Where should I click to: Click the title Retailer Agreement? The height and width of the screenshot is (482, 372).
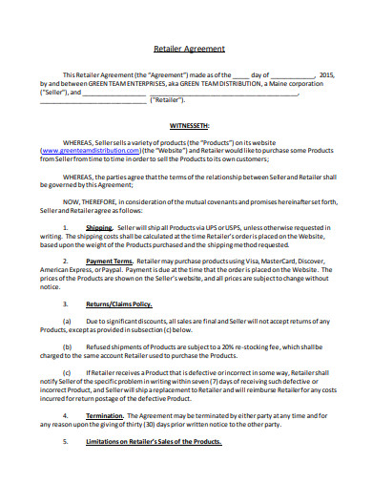click(189, 49)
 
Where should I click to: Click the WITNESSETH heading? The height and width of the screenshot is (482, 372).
click(189, 125)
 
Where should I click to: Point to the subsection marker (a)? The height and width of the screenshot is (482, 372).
click(67, 322)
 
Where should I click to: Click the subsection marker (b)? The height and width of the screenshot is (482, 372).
click(67, 346)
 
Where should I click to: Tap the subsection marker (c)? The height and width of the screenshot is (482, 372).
click(67, 372)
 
